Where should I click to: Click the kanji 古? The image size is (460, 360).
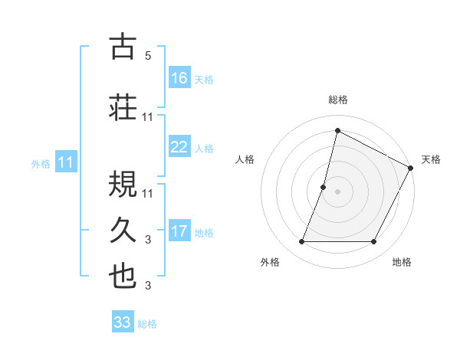[x=123, y=47]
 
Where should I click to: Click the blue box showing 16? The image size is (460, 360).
[x=179, y=78]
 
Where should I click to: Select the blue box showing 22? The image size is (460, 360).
[x=179, y=147]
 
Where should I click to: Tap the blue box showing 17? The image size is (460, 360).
[x=179, y=231]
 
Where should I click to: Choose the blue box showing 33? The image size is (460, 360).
[x=123, y=322]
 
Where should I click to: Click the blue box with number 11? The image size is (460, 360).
[x=66, y=162]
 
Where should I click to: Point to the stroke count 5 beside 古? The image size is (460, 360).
[x=147, y=56]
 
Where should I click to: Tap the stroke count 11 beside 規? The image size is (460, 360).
[x=148, y=192]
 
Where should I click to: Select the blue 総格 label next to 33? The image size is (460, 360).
[x=147, y=324]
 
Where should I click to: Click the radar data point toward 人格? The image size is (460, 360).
[x=324, y=187]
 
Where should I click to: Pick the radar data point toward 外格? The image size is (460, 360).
[x=301, y=242]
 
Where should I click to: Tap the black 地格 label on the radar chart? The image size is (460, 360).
[x=402, y=262]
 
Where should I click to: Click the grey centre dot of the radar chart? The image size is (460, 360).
[x=337, y=191]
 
